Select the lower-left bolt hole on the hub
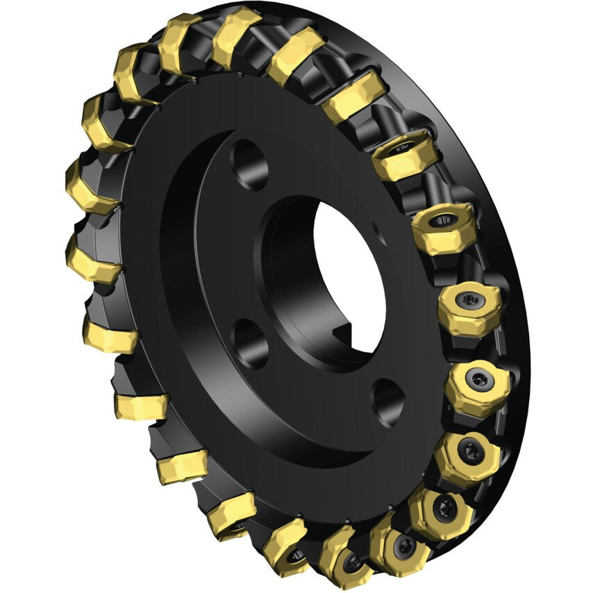pos(251,341)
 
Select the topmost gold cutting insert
pos(236,35)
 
